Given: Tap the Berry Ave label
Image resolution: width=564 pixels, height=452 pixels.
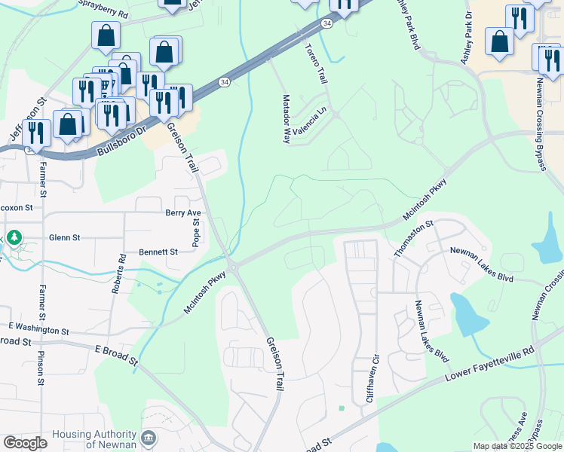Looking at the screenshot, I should coord(183,213).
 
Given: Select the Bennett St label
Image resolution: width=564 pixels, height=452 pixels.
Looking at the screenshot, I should coord(158,252).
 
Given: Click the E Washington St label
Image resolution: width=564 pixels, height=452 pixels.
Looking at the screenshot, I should coord(39,331).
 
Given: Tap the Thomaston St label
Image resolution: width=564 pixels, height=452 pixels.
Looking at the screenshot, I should coord(414,239).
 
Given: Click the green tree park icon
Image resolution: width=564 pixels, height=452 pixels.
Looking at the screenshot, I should coord(14,239).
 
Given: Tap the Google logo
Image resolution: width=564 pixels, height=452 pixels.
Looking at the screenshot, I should coord(25,443).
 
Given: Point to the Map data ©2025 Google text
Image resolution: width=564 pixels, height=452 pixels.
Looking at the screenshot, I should coord(517,446).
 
